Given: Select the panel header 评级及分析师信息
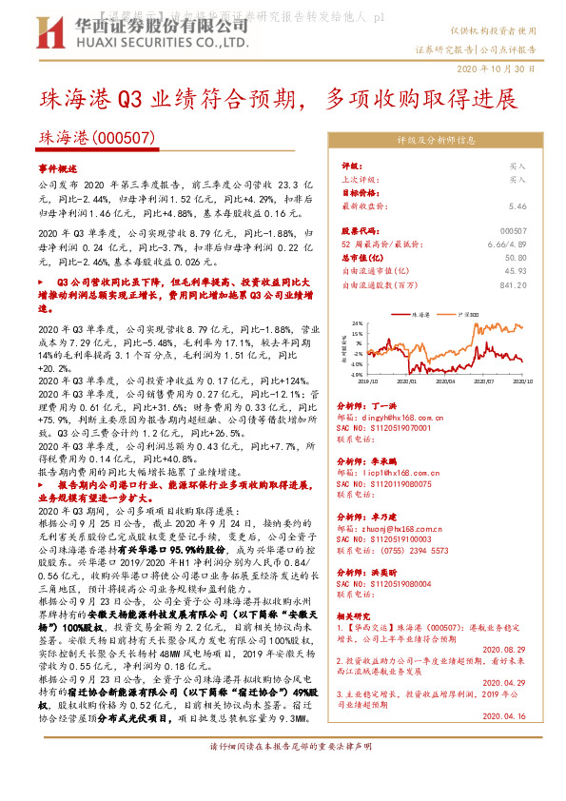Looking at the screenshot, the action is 437,140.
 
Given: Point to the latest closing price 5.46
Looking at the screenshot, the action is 517,205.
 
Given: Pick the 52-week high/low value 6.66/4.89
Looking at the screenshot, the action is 507,244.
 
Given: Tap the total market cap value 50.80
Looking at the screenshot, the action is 516,257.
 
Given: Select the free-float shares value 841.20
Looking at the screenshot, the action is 512,283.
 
